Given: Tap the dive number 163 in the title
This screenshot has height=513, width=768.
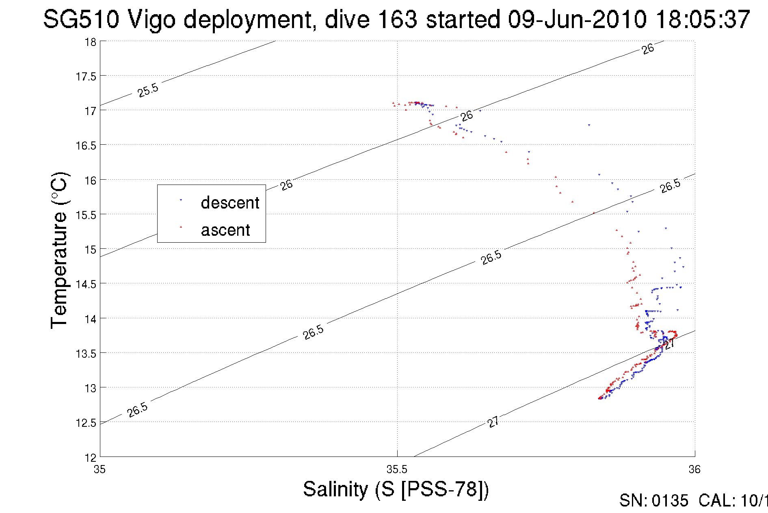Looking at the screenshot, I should tap(397, 20).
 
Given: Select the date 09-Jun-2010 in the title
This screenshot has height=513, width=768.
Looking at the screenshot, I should tap(577, 20).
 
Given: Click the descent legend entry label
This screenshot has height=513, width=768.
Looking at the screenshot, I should tap(230, 202).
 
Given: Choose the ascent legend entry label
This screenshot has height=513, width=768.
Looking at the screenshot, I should tap(225, 230).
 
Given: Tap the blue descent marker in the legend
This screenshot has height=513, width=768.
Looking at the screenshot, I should tap(181, 200).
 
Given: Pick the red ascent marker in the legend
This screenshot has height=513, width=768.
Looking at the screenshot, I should tap(181, 227).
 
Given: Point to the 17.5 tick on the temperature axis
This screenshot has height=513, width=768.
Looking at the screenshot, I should tap(86, 76).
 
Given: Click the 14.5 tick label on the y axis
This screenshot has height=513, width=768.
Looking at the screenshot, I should tap(86, 284).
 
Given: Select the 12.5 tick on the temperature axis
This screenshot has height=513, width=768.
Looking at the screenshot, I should tap(86, 423).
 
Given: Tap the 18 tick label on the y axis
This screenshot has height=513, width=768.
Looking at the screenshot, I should tap(90, 42).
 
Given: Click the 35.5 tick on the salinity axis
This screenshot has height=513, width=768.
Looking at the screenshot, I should tap(397, 470).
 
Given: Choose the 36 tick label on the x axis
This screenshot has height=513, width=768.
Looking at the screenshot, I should tap(694, 470).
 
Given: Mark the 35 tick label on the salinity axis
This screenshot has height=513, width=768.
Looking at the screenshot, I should tap(100, 470).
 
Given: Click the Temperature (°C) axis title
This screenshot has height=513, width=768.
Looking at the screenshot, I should tap(59, 250).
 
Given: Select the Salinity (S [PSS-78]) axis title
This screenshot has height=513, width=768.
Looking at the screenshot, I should tap(396, 489).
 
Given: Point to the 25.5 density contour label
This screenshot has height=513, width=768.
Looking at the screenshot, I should tap(148, 90).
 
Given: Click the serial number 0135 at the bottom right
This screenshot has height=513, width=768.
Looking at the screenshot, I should tap(670, 501).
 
